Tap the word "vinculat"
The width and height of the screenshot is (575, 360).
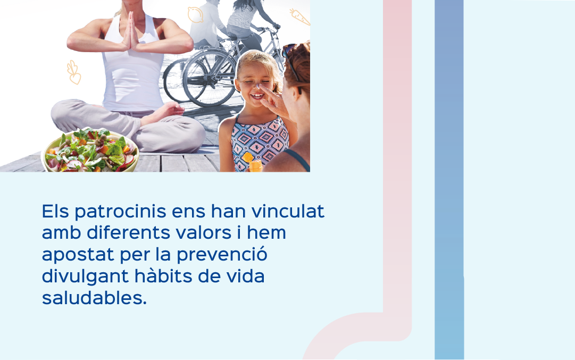click(x=288, y=211)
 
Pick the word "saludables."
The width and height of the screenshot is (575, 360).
click(x=94, y=298)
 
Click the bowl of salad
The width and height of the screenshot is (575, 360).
click(x=91, y=150)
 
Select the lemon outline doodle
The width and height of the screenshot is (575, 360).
click(x=195, y=15)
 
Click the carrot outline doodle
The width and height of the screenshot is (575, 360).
click(x=299, y=17)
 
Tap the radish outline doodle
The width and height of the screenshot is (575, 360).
click(x=74, y=73)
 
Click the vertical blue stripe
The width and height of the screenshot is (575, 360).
click(x=449, y=180)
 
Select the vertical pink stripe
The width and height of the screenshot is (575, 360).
click(x=397, y=161)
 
